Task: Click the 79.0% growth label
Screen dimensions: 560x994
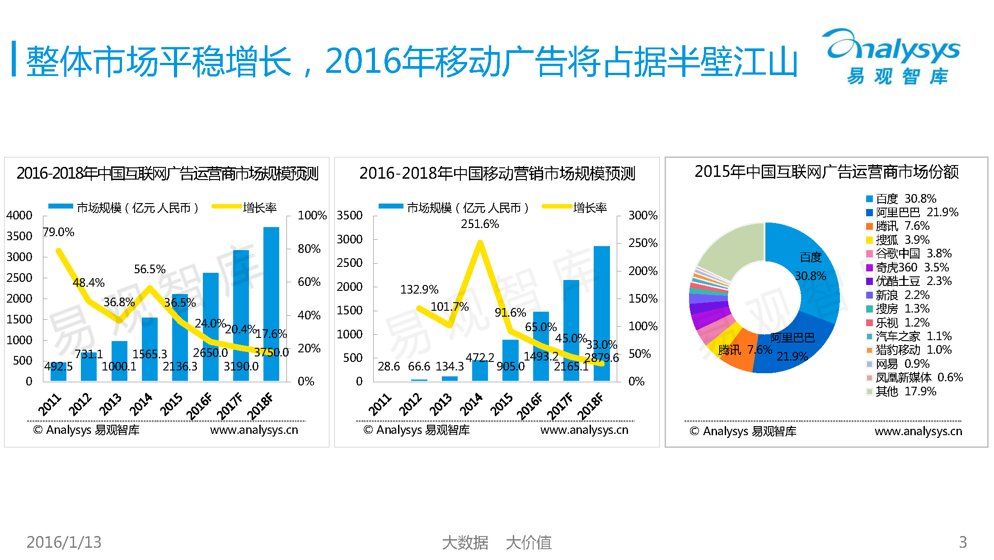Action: (x=59, y=232)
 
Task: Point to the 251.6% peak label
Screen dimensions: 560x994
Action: (x=480, y=224)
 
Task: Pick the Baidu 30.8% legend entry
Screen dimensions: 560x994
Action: (x=901, y=199)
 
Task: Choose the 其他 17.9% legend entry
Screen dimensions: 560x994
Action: (x=901, y=391)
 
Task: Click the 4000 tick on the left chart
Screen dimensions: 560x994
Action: (x=19, y=215)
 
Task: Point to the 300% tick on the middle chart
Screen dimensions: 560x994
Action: (x=642, y=215)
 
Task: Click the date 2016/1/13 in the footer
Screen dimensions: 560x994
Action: (x=64, y=542)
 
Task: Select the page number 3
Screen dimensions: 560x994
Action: (x=963, y=542)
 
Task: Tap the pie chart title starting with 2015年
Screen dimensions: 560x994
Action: (x=826, y=172)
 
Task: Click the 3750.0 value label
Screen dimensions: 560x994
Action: (x=271, y=352)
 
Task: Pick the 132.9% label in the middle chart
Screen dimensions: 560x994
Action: (x=419, y=289)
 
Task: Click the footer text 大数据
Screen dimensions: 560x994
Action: (x=465, y=542)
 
